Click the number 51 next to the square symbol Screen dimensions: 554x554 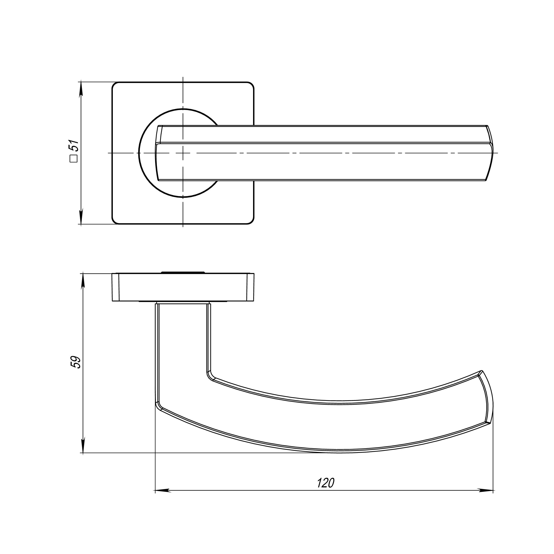74,146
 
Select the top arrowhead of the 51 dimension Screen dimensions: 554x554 81,89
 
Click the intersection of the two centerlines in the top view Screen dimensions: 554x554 183,153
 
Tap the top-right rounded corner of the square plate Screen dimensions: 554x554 251,85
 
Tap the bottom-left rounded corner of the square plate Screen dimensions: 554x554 115,221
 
